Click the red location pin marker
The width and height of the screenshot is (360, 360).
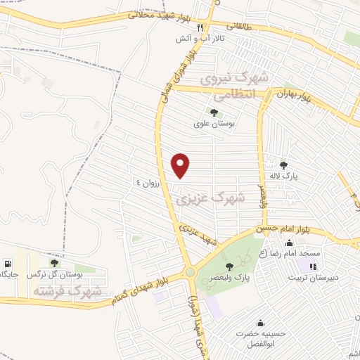tap(181, 165)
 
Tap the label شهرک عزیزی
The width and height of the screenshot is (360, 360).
tap(210, 200)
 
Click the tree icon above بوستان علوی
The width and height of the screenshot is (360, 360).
tap(214, 112)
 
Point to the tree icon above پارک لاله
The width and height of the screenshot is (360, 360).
tap(283, 165)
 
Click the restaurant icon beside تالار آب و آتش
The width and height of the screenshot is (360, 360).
tap(200, 28)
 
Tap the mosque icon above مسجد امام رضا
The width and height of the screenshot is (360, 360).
tap(290, 243)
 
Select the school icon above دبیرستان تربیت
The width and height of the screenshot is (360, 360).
tap(312, 266)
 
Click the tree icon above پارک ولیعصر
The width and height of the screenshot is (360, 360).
tap(229, 266)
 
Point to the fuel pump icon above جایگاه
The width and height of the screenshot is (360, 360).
tap(7, 264)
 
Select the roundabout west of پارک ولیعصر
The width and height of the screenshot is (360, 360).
tap(189, 273)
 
